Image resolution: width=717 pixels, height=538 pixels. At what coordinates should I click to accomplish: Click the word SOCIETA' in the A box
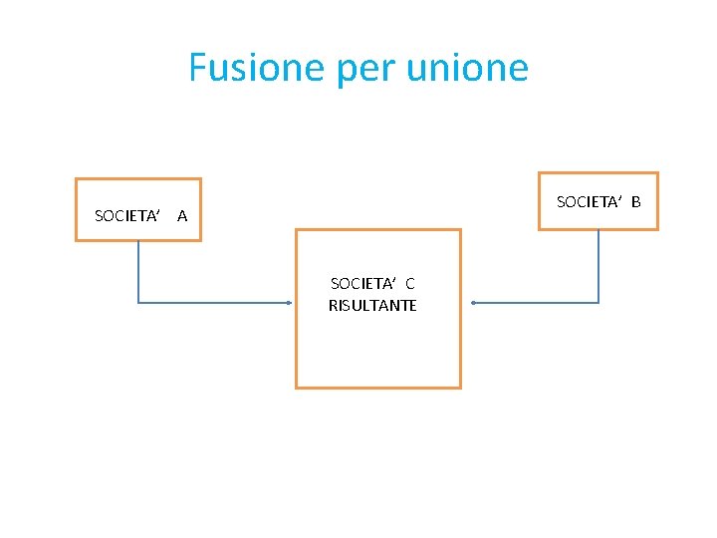(127, 215)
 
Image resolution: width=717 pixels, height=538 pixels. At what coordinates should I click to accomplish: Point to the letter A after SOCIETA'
(182, 215)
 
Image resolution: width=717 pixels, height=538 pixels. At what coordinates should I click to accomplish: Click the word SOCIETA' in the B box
(589, 202)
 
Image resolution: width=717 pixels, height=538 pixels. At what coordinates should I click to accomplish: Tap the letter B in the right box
(635, 202)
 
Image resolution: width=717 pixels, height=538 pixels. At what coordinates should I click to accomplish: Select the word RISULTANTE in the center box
(372, 306)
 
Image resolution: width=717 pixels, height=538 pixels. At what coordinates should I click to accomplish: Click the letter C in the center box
(409, 284)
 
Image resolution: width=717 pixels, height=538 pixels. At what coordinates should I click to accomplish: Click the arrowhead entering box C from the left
(291, 302)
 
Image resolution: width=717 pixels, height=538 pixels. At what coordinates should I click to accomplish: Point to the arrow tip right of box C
(474, 302)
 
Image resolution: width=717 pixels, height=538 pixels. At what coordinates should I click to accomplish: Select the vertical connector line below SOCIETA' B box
(598, 264)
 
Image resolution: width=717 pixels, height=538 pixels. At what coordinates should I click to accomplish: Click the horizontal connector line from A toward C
(214, 302)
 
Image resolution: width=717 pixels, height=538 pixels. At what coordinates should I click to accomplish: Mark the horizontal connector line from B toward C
(538, 302)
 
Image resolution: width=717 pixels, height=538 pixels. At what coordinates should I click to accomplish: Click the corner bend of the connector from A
(137, 302)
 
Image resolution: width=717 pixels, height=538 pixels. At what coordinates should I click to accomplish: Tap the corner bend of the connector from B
(598, 302)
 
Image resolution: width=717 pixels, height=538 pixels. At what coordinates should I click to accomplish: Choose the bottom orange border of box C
(378, 387)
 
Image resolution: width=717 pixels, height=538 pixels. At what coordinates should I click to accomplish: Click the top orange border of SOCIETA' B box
(597, 173)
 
